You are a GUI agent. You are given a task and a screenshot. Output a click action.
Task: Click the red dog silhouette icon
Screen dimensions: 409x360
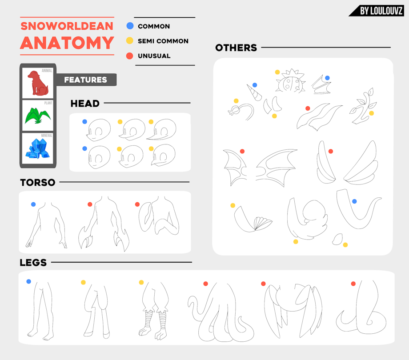[38, 83]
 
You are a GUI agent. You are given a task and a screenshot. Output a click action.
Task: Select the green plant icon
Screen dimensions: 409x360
[38, 116]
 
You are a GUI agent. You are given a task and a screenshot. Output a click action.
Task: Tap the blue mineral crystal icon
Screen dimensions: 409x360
[38, 148]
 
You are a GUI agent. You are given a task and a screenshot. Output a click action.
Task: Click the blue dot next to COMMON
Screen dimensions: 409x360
[130, 26]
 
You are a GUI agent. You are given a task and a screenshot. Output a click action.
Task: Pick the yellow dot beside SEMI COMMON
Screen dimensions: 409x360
[130, 40]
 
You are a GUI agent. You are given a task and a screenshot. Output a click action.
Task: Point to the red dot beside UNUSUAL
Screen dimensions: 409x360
[130, 56]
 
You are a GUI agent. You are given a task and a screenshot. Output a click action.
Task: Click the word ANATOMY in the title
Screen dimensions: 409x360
[67, 43]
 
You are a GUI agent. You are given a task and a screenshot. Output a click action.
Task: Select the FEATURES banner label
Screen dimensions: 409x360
[85, 80]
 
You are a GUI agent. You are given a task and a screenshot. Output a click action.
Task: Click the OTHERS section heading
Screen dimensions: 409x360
[236, 48]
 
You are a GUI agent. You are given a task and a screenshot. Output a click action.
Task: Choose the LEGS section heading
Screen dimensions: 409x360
[33, 263]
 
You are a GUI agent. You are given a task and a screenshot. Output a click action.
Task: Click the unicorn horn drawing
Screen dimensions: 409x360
[254, 92]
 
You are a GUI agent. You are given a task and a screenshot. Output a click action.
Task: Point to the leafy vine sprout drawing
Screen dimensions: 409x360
[363, 106]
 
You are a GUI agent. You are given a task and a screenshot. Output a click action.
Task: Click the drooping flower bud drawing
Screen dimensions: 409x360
[241, 112]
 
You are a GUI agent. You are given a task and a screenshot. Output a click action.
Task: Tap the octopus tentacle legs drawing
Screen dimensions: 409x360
[221, 312]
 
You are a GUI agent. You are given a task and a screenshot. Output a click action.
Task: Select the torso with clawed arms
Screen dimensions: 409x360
[104, 224]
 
